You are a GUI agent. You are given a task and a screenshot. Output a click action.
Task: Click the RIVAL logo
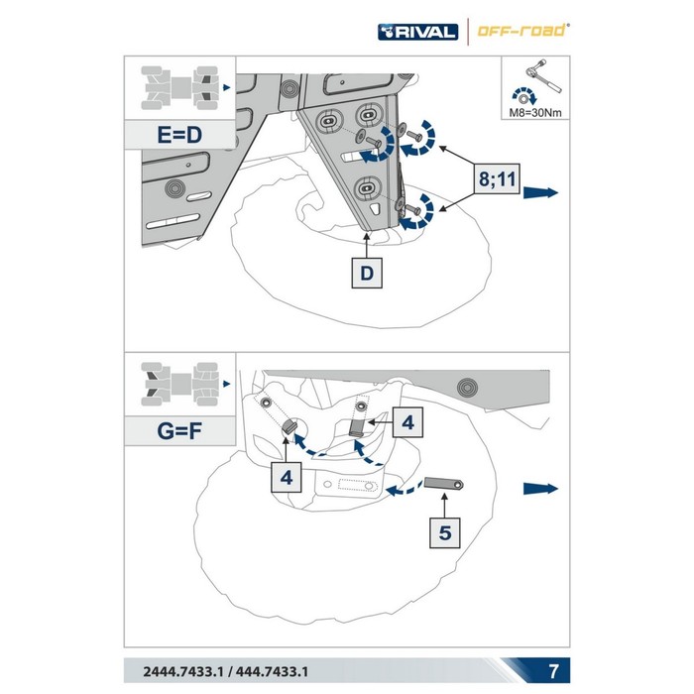pyautogui.click(x=417, y=32)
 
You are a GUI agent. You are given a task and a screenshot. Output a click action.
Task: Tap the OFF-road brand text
pyautogui.click(x=522, y=31)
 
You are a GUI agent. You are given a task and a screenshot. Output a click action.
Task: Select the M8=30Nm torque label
pyautogui.click(x=535, y=112)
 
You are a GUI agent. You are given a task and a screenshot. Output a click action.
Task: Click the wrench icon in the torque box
pyautogui.click(x=543, y=75)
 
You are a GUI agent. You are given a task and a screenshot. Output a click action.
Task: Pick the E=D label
pyautogui.click(x=179, y=135)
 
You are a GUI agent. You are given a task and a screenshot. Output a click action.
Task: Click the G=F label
pyautogui.click(x=179, y=430)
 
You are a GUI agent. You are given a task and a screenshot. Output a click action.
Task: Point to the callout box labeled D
pyautogui.click(x=367, y=273)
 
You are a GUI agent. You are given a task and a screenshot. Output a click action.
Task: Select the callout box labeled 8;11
pyautogui.click(x=497, y=179)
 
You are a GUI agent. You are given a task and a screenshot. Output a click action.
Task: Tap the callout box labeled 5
pyautogui.click(x=445, y=532)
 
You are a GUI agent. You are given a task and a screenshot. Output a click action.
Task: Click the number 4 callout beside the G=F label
pyautogui.click(x=286, y=477)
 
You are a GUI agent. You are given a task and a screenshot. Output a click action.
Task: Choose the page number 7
pyautogui.click(x=553, y=671)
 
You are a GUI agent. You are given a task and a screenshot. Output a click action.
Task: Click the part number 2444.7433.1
pyautogui.click(x=182, y=672)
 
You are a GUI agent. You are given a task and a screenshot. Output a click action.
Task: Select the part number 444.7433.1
pyautogui.click(x=272, y=672)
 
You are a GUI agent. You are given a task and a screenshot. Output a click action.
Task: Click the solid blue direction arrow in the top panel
pyautogui.click(x=541, y=193)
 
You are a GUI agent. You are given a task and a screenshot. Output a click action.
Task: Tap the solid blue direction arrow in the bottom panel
pyautogui.click(x=541, y=489)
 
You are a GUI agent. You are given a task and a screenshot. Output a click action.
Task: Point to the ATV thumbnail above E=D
pyautogui.click(x=179, y=88)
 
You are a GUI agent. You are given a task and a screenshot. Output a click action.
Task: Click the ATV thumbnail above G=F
pyautogui.click(x=179, y=385)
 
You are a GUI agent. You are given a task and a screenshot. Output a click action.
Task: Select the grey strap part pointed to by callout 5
pyautogui.click(x=443, y=483)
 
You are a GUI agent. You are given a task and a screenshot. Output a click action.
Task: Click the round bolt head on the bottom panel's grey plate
pyautogui.click(x=467, y=388)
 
